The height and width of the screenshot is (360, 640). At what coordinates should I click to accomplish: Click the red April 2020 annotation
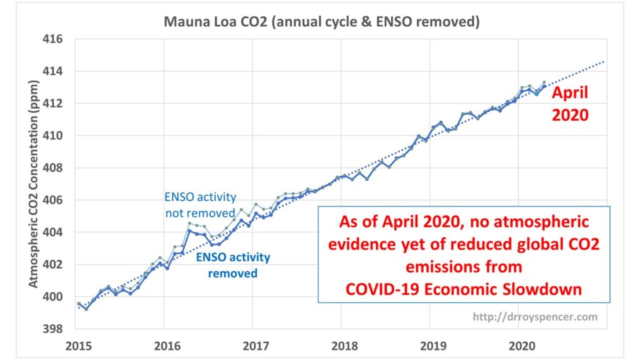[569, 104]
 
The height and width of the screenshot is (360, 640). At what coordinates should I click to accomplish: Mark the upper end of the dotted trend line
[604, 61]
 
